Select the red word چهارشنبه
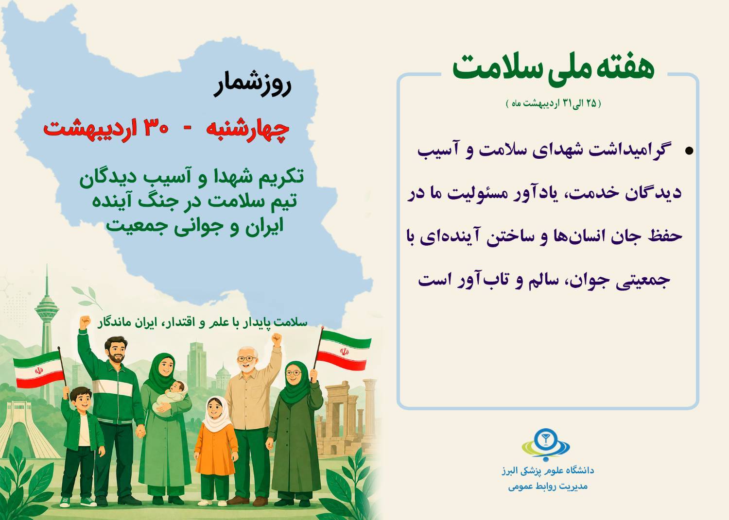[x=247, y=130]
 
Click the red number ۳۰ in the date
[x=156, y=128]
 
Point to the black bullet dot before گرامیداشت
[x=689, y=151]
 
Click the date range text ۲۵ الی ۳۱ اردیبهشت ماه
[x=553, y=103]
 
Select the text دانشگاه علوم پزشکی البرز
[x=548, y=470]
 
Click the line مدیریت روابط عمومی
[x=548, y=487]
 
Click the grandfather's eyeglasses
[x=247, y=359]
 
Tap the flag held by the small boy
[x=39, y=369]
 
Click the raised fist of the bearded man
[x=85, y=322]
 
